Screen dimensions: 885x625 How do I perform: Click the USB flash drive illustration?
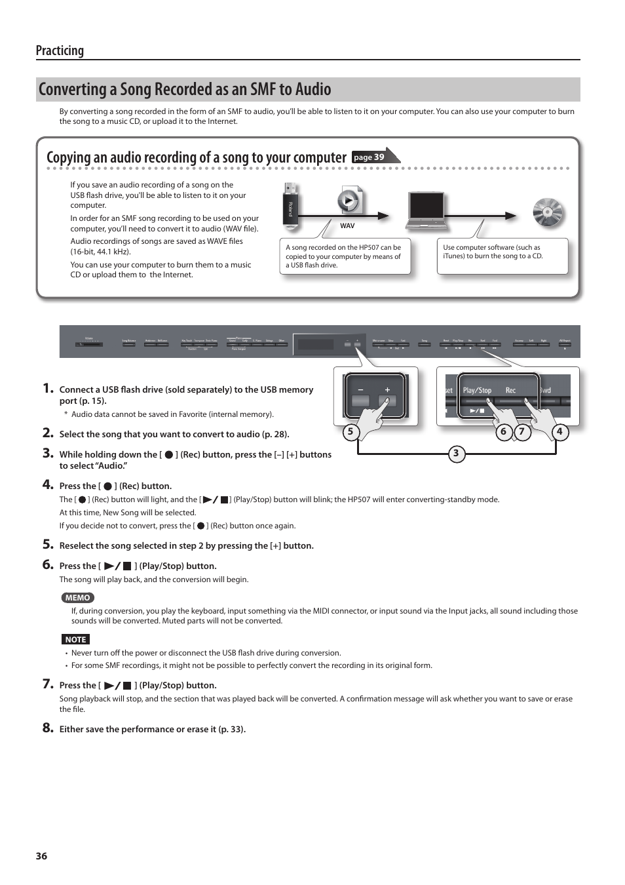click(x=290, y=207)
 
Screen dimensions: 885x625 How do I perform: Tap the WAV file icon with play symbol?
click(x=349, y=201)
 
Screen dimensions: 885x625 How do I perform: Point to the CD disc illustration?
click(x=548, y=212)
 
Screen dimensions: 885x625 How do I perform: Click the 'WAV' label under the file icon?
click(x=347, y=226)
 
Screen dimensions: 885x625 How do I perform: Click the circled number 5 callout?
click(x=350, y=431)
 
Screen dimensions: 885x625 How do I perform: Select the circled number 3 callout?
click(x=456, y=454)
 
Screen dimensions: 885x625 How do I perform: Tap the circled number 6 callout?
click(x=503, y=431)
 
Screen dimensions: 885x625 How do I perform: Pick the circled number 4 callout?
click(x=559, y=431)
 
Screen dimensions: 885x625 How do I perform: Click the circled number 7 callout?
click(x=522, y=431)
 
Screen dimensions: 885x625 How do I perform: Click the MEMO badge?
click(x=77, y=597)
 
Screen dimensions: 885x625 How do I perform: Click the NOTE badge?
click(x=75, y=639)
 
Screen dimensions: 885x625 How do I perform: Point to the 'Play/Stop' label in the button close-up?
click(x=477, y=390)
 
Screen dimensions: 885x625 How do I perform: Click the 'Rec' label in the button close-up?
click(x=510, y=390)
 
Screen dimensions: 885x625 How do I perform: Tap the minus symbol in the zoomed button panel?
click(x=360, y=389)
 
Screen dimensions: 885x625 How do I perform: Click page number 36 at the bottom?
click(x=41, y=856)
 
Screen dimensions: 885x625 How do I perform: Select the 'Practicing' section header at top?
click(x=60, y=50)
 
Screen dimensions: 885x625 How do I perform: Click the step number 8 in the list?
click(x=47, y=728)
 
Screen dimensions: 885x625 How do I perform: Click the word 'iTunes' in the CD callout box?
click(x=453, y=256)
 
